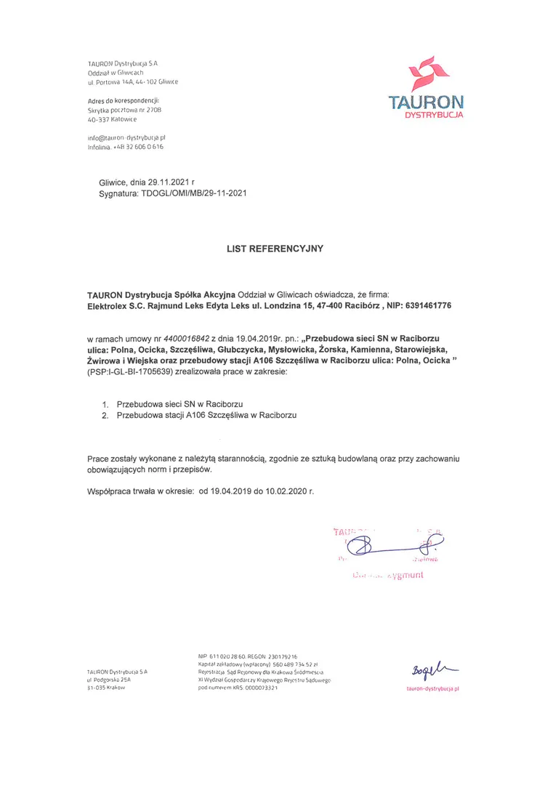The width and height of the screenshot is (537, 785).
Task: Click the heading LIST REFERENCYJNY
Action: (x=275, y=249)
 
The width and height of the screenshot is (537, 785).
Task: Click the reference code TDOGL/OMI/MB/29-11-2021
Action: (x=194, y=194)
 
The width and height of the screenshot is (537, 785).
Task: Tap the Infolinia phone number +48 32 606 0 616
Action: (x=138, y=147)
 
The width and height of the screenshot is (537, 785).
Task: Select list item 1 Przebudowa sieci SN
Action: (x=179, y=403)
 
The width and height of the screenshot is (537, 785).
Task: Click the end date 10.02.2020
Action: (x=288, y=492)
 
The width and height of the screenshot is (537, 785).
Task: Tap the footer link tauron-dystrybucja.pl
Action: (x=433, y=688)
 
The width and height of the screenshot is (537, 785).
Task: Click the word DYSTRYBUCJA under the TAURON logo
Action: (x=435, y=115)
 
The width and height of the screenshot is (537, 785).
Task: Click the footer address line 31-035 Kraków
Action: (x=106, y=687)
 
